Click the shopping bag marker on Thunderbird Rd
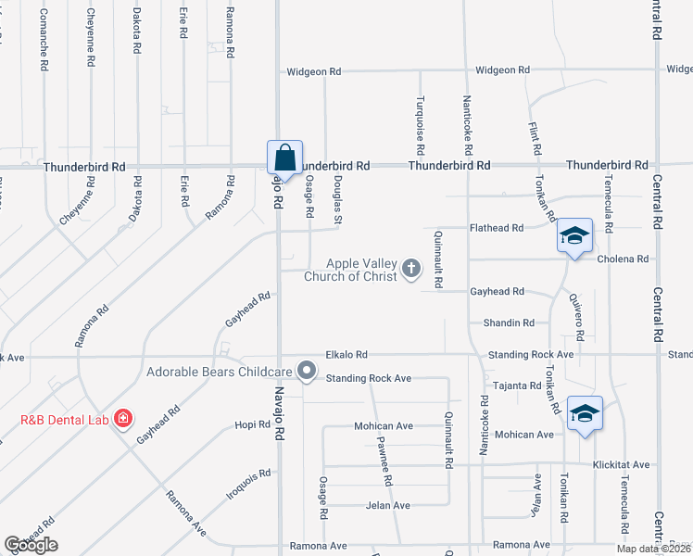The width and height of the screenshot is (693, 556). [283, 156]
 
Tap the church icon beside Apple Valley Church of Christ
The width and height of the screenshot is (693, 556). [411, 270]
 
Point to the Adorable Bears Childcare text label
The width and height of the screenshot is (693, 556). [220, 373]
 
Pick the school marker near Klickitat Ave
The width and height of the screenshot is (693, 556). [585, 412]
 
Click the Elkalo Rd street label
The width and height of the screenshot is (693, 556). [346, 354]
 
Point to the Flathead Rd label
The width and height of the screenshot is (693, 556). [497, 227]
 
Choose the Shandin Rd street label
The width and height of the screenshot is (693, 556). [509, 322]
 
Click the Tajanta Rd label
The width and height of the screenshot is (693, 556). [517, 385]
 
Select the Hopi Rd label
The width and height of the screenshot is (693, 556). [251, 423]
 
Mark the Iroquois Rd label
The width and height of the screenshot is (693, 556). [248, 485]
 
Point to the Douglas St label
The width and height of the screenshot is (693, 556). [338, 199]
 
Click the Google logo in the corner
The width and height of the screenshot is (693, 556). [31, 545]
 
